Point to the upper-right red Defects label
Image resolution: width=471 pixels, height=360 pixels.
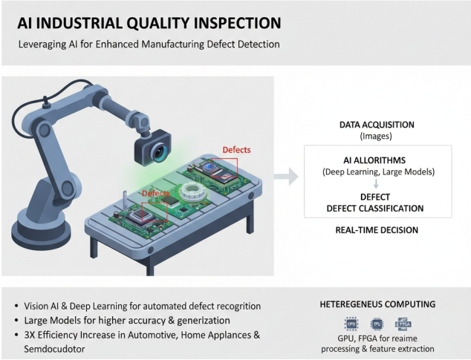[236, 149]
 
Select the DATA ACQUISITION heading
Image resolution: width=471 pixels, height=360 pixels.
[376, 125]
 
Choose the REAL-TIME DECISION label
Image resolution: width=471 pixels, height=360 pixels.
[376, 230]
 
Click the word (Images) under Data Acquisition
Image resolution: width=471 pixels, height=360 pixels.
[376, 137]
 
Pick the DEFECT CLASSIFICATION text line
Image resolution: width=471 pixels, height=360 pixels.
[376, 208]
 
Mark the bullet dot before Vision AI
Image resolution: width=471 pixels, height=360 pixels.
[17, 306]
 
